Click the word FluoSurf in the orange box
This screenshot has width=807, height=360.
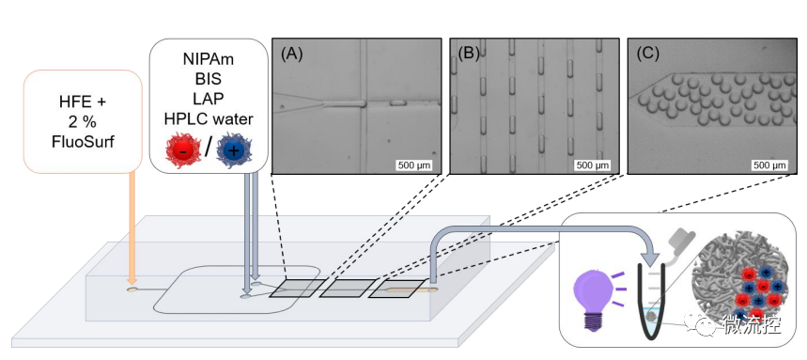click(83, 141)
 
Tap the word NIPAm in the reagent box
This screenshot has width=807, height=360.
click(208, 59)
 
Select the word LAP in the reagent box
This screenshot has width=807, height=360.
click(208, 99)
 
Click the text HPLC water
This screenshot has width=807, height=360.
click(209, 119)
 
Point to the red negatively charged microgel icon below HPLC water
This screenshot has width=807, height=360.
click(183, 149)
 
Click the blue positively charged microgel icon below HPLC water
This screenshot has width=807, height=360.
click(233, 149)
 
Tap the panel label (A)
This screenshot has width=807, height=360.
click(292, 54)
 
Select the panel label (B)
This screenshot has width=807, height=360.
click(470, 54)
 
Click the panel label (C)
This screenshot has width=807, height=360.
click(648, 54)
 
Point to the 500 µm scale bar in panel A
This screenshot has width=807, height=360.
click(413, 165)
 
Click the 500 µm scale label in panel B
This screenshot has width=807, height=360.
click(591, 165)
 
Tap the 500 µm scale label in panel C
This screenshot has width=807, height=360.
click(770, 165)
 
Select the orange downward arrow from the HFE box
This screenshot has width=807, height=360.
click(132, 227)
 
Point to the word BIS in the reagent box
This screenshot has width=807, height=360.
click(208, 79)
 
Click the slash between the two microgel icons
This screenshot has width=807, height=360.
click(209, 149)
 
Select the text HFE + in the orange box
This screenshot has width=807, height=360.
click(83, 102)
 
